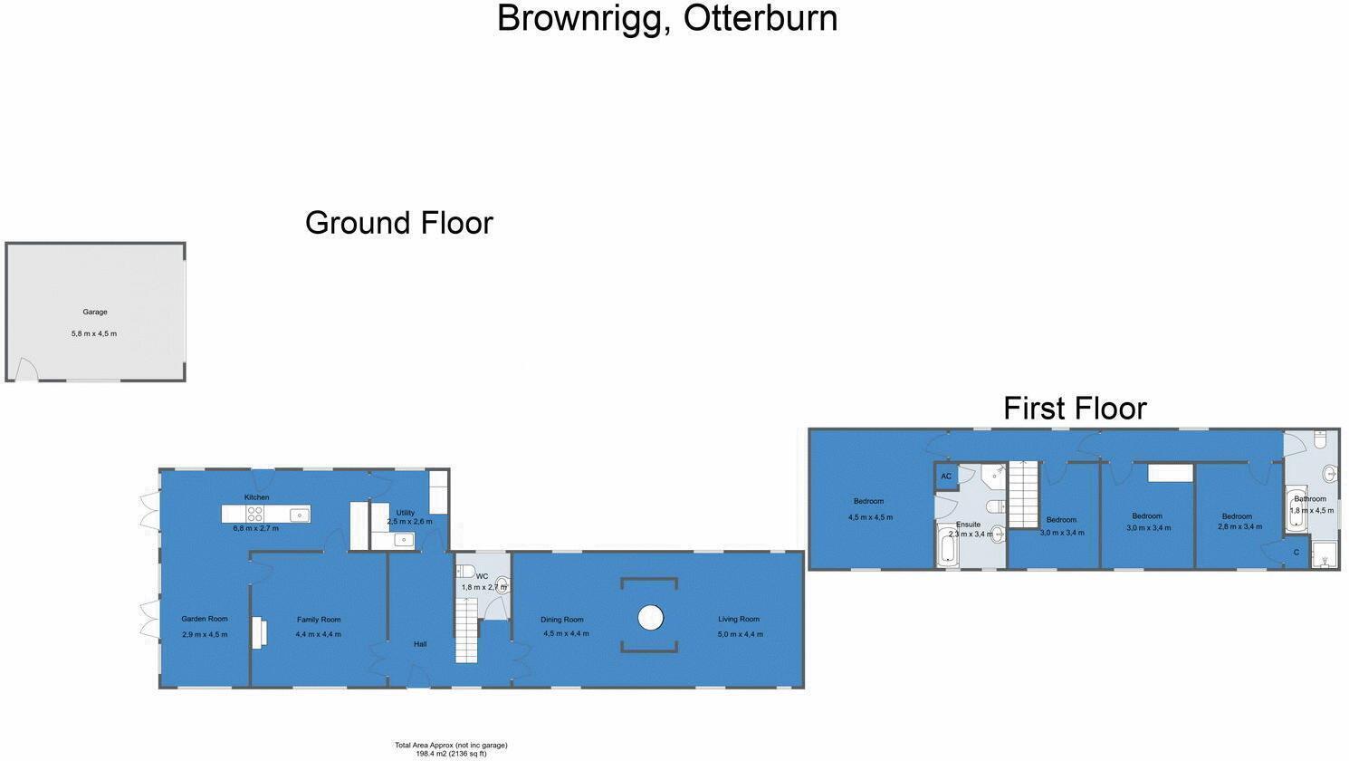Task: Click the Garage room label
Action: [95, 313]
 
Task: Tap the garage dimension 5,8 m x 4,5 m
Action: [94, 333]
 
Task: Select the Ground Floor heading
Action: [399, 223]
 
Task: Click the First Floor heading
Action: [1075, 409]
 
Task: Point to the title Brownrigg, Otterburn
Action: [667, 18]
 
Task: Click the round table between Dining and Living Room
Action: [650, 618]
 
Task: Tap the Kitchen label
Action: [256, 497]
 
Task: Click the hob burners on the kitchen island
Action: [254, 514]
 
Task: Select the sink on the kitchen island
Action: [300, 515]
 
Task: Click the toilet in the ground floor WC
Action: [465, 571]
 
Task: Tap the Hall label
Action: [420, 644]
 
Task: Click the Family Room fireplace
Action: [259, 632]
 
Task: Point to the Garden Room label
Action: [205, 619]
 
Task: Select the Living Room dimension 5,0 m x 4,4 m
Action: [741, 634]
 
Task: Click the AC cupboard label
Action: [946, 477]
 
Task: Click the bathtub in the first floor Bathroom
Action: [1296, 511]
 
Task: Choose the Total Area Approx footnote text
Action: [451, 749]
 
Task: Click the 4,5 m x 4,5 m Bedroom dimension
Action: [870, 517]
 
